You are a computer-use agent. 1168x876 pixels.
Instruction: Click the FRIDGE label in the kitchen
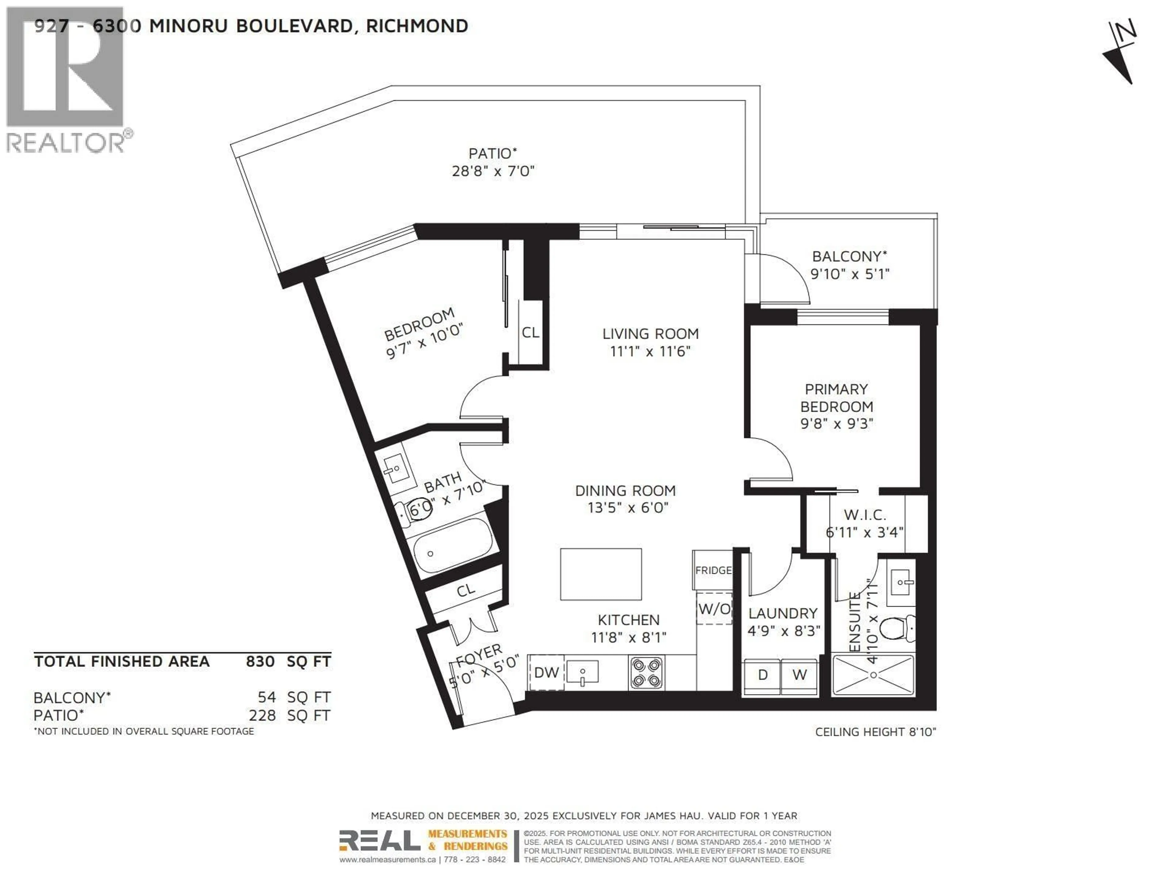[x=713, y=570]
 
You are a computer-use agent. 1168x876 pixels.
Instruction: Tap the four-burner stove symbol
[x=646, y=673]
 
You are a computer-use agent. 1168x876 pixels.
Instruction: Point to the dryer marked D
[x=763, y=675]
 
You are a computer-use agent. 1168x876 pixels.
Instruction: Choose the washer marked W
[x=799, y=675]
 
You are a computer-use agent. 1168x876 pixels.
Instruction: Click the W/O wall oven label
[x=714, y=609]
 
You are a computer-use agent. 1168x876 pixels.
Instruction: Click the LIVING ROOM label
[x=651, y=334]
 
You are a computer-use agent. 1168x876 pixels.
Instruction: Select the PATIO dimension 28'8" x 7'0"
[x=493, y=171]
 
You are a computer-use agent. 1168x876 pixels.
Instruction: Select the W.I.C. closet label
[x=865, y=515]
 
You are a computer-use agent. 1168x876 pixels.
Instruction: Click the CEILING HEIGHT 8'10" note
[x=875, y=732]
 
